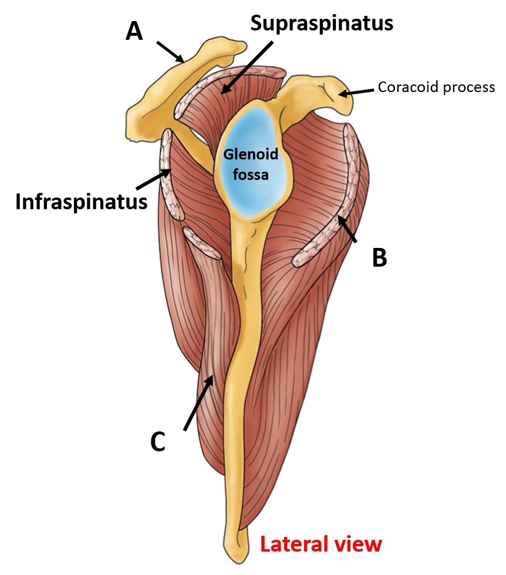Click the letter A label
pos(134,32)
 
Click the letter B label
pos(380,258)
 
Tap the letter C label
pos(157,443)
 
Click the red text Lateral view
pos(321,545)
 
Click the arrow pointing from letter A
pos(170,52)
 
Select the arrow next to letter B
pos(347,229)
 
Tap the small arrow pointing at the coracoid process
pos(356,91)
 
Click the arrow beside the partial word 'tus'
pos(153,179)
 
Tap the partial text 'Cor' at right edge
pos(387,87)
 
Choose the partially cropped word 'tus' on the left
pos(131,202)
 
